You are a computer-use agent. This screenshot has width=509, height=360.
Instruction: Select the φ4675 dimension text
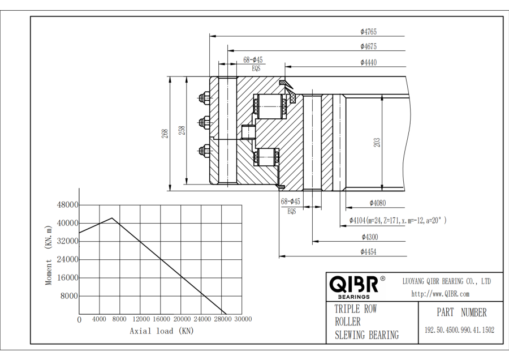pyautogui.click(x=369, y=46)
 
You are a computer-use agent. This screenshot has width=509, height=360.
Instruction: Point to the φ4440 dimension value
pyautogui.click(x=369, y=62)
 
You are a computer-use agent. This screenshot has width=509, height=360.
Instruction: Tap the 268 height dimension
pyautogui.click(x=165, y=134)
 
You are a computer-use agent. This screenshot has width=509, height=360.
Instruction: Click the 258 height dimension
pyautogui.click(x=181, y=130)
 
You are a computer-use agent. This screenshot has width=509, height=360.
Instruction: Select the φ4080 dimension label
pyautogui.click(x=377, y=203)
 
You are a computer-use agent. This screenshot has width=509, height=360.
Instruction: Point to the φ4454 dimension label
pyautogui.click(x=368, y=251)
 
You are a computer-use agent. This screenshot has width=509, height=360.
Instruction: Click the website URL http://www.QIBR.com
pyautogui.click(x=440, y=294)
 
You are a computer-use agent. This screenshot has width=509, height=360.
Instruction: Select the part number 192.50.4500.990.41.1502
pyautogui.click(x=459, y=330)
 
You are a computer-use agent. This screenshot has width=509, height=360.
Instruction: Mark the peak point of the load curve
pyautogui.click(x=112, y=218)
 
